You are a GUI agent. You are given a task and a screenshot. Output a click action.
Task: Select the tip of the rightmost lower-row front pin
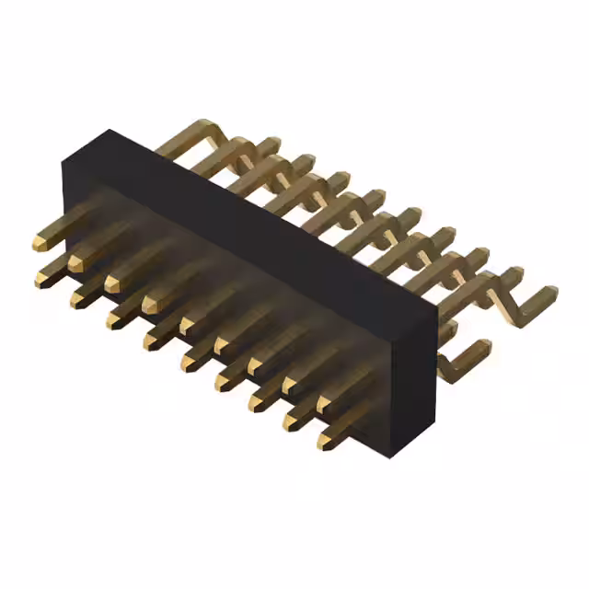326,443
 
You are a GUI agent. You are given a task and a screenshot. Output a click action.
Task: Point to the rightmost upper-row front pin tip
325,405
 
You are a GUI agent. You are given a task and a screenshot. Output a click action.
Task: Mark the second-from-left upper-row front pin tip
76,264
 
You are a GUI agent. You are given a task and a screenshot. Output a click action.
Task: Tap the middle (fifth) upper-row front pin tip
186,326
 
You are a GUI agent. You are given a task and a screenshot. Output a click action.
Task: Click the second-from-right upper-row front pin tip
290,386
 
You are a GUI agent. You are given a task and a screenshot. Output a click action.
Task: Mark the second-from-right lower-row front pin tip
291,422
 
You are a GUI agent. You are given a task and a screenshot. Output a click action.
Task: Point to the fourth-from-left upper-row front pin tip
150,303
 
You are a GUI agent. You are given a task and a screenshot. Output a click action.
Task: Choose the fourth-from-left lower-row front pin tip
150,341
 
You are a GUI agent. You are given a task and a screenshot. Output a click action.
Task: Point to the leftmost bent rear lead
189,138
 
